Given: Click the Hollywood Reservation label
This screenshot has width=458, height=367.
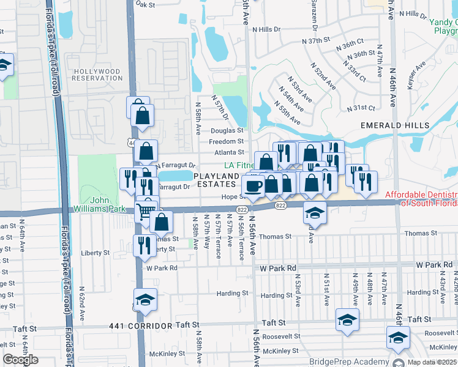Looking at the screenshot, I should (x=97, y=75).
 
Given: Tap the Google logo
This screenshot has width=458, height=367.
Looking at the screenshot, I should (x=21, y=360).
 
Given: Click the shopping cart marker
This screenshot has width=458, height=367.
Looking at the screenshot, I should (x=146, y=211).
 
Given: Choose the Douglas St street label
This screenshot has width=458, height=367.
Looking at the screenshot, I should (x=227, y=130).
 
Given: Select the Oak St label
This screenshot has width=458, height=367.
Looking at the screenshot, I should (x=146, y=4).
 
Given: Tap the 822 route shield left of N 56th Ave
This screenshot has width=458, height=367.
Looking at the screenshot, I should (x=242, y=209).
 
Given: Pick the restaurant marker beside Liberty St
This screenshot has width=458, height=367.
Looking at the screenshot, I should (x=145, y=245).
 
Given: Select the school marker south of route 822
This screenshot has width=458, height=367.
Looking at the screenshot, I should (x=315, y=212).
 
